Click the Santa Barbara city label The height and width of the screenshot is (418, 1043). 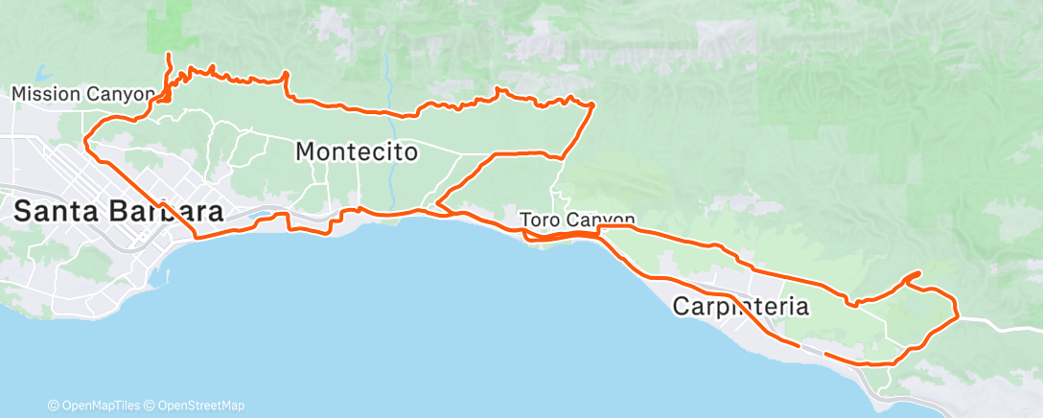coord(119,212)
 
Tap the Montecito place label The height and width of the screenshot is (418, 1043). coord(357,151)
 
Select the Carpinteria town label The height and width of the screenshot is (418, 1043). coord(741,307)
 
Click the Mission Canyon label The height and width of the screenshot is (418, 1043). coord(82,94)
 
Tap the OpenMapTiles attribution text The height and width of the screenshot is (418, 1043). coord(97,406)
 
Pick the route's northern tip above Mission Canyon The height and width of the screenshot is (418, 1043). coord(169,56)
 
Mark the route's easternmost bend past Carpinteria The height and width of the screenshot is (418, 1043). coord(958,313)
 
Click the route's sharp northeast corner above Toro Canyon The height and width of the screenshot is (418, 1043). coord(593,104)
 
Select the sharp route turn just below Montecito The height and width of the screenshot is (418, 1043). coord(437,203)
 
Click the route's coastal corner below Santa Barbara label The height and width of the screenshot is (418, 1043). coord(197,236)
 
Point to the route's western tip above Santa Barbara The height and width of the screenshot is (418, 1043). coord(85,142)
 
